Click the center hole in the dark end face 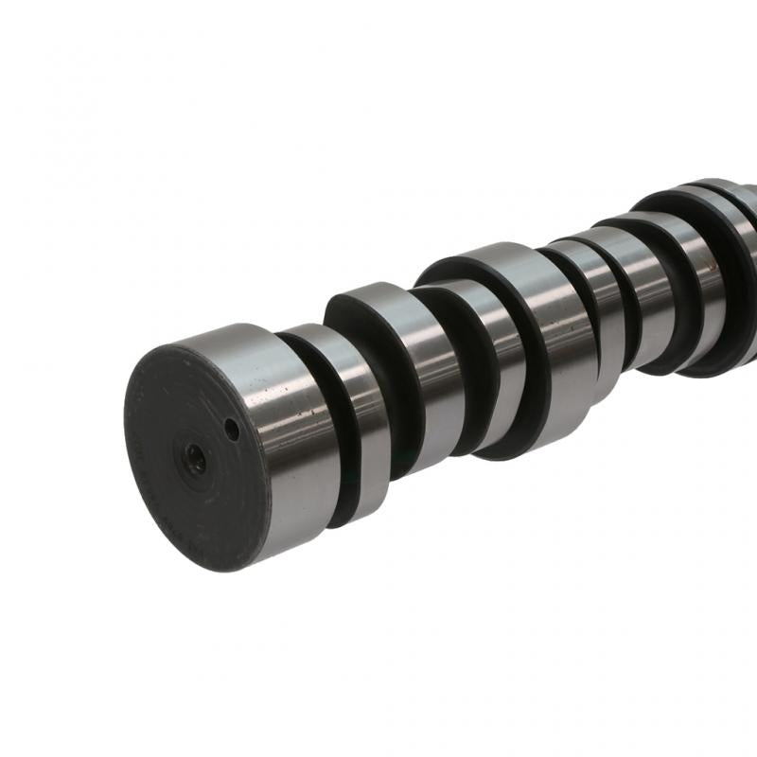196,457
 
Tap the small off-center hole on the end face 231,431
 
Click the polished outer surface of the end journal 284,416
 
